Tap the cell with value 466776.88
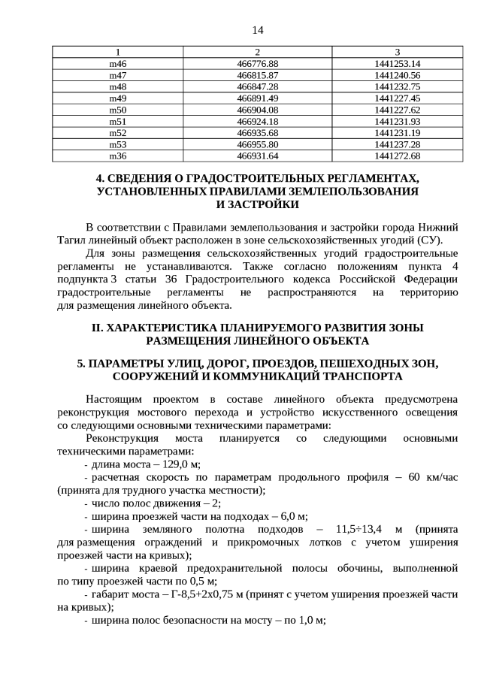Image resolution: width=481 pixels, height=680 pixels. click(x=257, y=63)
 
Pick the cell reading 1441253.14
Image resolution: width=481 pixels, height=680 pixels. click(x=397, y=63)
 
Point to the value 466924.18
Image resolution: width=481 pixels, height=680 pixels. click(x=257, y=121)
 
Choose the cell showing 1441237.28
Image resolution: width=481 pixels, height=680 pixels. click(x=397, y=144)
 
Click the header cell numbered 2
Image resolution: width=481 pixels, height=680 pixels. click(x=257, y=52)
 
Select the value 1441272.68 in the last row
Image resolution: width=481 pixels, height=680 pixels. click(x=397, y=156)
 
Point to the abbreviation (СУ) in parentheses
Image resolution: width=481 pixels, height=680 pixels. click(x=427, y=240)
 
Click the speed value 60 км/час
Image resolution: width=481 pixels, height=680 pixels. click(x=434, y=478)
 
